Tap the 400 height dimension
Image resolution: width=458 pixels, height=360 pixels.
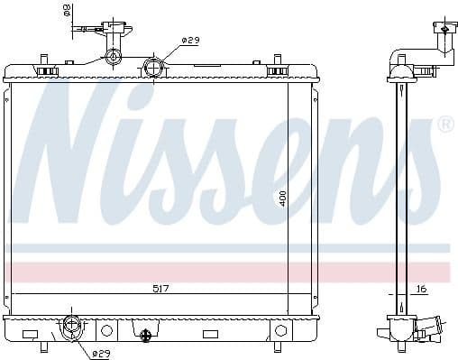[x=281, y=198]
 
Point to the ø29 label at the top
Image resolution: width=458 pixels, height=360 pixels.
[x=190, y=41]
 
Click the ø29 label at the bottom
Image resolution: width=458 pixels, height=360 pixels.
[x=100, y=353]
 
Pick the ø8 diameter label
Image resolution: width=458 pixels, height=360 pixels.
[x=66, y=12]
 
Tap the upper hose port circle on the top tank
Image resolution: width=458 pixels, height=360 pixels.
[x=154, y=67]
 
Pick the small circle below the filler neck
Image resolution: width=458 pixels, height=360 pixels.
[x=114, y=59]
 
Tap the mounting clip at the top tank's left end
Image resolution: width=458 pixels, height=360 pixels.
[x=41, y=68]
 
